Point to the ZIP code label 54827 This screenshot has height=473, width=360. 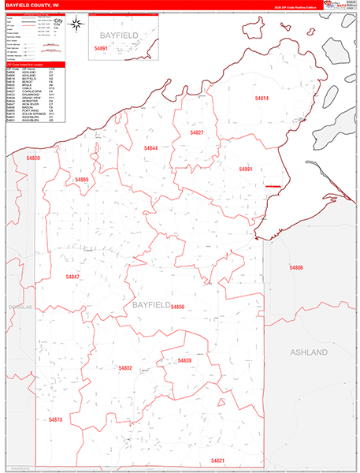pos(197,132)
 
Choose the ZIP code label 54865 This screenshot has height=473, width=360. pos(82,180)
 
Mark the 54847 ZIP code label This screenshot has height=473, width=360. pos(72,277)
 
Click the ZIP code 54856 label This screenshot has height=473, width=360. pos(177,307)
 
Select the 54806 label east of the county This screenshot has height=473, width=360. pos(296,268)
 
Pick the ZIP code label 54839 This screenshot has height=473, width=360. pos(184,361)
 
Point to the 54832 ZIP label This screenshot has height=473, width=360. pos(126,368)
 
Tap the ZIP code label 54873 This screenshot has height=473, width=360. pos(55,420)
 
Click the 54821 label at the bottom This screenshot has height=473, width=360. pos(218,460)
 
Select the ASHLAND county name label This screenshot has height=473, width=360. pos(308,352)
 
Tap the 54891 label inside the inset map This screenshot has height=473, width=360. pos(101,48)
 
